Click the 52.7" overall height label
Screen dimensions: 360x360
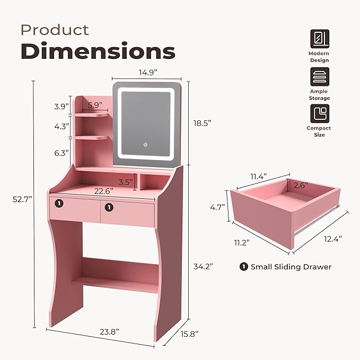point(22,199)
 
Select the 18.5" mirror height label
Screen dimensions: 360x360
point(202,123)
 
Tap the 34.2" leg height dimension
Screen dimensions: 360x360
point(202,267)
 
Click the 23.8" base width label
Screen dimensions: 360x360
point(109,331)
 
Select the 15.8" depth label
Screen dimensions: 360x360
point(188,334)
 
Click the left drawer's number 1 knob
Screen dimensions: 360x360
point(59,202)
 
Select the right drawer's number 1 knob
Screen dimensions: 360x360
point(109,207)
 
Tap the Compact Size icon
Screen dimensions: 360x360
point(319,113)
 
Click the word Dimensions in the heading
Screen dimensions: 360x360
point(98,51)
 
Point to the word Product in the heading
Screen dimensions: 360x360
point(55,30)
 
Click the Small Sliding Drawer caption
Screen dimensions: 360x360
point(286,267)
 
